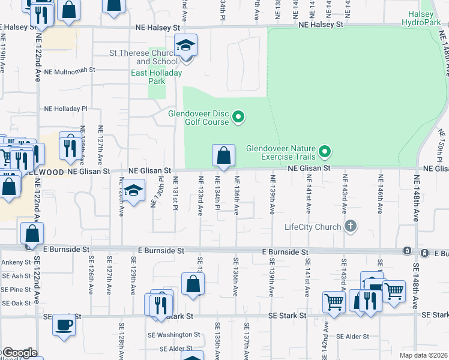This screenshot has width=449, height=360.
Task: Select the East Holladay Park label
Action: pyautogui.click(x=157, y=77)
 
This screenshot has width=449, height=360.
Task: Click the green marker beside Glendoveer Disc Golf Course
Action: pyautogui.click(x=238, y=116)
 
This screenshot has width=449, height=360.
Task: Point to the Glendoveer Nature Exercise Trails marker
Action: pyautogui.click(x=325, y=151)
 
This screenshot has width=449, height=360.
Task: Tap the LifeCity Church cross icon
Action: pyautogui.click(x=351, y=227)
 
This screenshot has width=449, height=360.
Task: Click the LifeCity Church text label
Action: pyautogui.click(x=312, y=227)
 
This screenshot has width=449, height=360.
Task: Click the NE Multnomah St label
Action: pyautogui.click(x=70, y=70)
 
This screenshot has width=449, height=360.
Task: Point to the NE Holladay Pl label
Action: pyautogui.click(x=66, y=109)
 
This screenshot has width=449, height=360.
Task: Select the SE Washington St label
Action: pyautogui.click(x=179, y=334)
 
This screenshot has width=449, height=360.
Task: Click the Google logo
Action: pyautogui.click(x=19, y=353)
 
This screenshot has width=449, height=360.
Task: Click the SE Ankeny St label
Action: pyautogui.click(x=16, y=262)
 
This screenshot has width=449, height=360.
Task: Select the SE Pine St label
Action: pyautogui.click(x=16, y=289)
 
